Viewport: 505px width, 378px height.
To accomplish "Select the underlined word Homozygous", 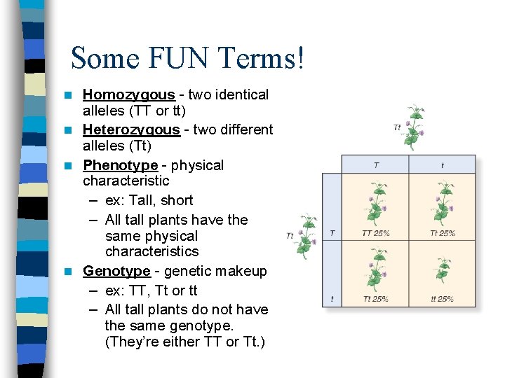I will [128, 94].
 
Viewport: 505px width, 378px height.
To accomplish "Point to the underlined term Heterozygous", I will [131, 129].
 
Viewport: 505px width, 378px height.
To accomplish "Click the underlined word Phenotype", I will [120, 165].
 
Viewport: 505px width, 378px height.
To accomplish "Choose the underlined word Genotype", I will [116, 271].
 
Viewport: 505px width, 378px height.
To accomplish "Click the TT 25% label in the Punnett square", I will [376, 233].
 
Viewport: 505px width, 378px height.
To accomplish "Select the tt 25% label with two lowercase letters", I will [442, 299].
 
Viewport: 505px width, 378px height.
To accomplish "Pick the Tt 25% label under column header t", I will [442, 233].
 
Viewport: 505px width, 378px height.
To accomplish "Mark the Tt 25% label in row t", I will [376, 299].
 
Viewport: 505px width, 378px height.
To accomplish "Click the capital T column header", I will [376, 165].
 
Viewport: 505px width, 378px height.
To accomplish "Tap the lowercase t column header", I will [442, 165].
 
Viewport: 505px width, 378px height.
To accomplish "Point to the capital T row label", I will [332, 233].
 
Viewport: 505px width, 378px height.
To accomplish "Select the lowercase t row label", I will [332, 299].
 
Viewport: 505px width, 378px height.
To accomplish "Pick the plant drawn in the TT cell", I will [377, 204].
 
